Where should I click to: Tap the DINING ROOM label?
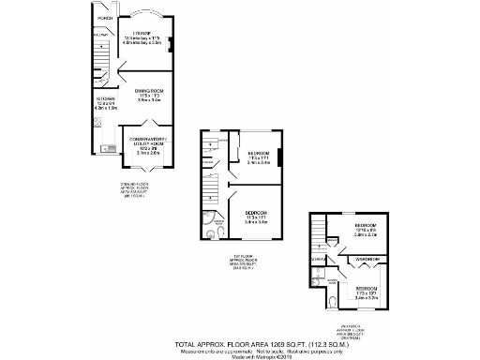tap(143, 90)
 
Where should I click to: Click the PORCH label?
tap(106, 18)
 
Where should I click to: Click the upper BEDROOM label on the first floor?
tap(259, 154)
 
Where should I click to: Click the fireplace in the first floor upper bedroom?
tap(280, 155)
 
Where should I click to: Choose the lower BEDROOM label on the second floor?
tap(366, 288)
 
